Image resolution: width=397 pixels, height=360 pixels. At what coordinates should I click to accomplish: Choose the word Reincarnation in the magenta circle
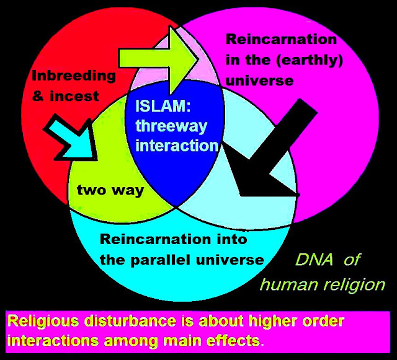pyautogui.click(x=282, y=40)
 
